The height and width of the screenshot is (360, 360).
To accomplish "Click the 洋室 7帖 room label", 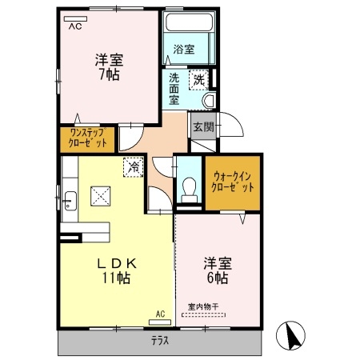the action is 109,67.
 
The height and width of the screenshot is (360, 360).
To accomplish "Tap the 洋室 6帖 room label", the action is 218,270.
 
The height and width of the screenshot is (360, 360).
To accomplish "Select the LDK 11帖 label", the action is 117,270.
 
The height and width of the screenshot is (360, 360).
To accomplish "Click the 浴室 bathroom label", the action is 184,50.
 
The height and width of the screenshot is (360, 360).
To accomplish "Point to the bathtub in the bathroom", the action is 189,22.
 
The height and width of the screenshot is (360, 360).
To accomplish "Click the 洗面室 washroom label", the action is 174,89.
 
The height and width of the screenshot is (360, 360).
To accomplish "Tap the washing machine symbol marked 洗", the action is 198,79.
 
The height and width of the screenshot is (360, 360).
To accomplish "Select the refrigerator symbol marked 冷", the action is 134,167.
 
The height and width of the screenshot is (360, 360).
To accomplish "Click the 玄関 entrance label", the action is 203,127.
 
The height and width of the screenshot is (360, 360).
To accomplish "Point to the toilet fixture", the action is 190,190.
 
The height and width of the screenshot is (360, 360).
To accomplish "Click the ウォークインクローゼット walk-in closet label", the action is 232,182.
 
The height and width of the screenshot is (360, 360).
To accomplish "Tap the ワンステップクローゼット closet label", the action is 88,138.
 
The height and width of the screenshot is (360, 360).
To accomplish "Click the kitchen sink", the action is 70,201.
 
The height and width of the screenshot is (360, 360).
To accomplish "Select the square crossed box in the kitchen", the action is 101,196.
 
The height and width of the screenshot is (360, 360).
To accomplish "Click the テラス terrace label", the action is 160,341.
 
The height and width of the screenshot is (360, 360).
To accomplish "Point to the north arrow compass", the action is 290,335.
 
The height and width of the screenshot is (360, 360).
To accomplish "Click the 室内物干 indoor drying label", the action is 203,306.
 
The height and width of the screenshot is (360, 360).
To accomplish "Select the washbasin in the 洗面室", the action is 209,101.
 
